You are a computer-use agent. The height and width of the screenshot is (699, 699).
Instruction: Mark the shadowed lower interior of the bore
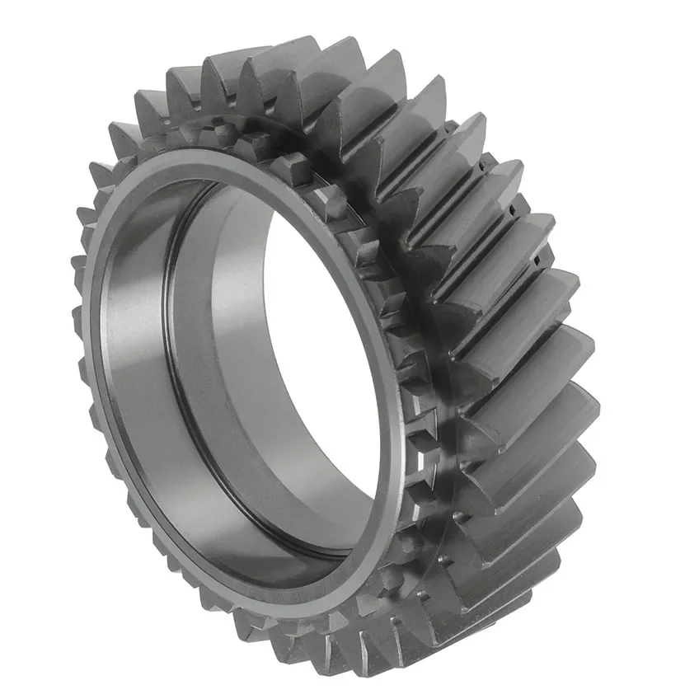tap(272, 528)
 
